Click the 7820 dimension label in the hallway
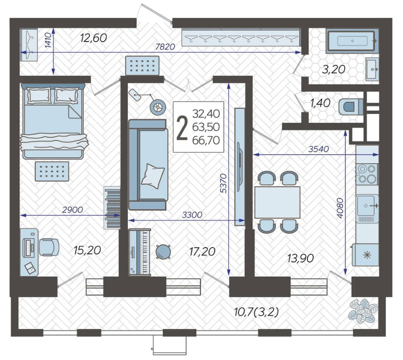(x=165, y=47)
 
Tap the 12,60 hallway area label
(x=93, y=38)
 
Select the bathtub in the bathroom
(x=352, y=41)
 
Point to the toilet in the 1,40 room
(x=350, y=106)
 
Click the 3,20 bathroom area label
(x=333, y=69)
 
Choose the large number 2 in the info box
(x=182, y=128)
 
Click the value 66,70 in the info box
(x=206, y=141)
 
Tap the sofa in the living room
(x=148, y=165)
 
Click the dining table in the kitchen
(x=277, y=202)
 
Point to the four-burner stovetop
(x=367, y=174)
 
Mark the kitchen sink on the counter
(x=367, y=206)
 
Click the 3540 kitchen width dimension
(x=319, y=149)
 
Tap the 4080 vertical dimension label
(x=340, y=208)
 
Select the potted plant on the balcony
(x=362, y=311)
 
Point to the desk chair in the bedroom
(x=49, y=247)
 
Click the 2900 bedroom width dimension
(x=72, y=210)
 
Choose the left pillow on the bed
(x=39, y=96)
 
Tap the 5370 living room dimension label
(x=224, y=183)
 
